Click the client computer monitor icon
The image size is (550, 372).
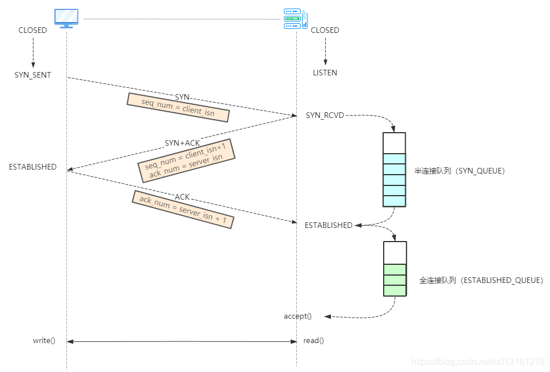coord(66,18)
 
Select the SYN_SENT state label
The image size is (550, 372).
coord(33,75)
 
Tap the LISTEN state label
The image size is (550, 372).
coord(325,73)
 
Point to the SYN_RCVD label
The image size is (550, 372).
coord(325,115)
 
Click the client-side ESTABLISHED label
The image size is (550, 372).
coord(33,167)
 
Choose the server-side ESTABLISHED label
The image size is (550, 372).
coord(328,225)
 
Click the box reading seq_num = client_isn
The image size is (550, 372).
coord(178,107)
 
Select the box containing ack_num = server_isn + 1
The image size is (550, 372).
coord(183,209)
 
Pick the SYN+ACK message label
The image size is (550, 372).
coord(182,143)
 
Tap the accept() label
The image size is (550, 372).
coord(297,316)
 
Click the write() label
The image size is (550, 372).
coord(44,341)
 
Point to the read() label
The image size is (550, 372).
coord(313,341)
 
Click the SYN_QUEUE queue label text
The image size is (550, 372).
coord(460,170)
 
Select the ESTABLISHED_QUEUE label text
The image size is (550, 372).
coord(481,281)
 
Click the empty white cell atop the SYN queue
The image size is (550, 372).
coord(394,143)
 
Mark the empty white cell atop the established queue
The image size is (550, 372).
coord(394,252)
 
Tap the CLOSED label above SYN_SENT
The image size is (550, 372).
coord(33,30)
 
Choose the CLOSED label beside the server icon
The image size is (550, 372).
coord(325,30)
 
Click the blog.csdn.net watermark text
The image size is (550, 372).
coord(478,361)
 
